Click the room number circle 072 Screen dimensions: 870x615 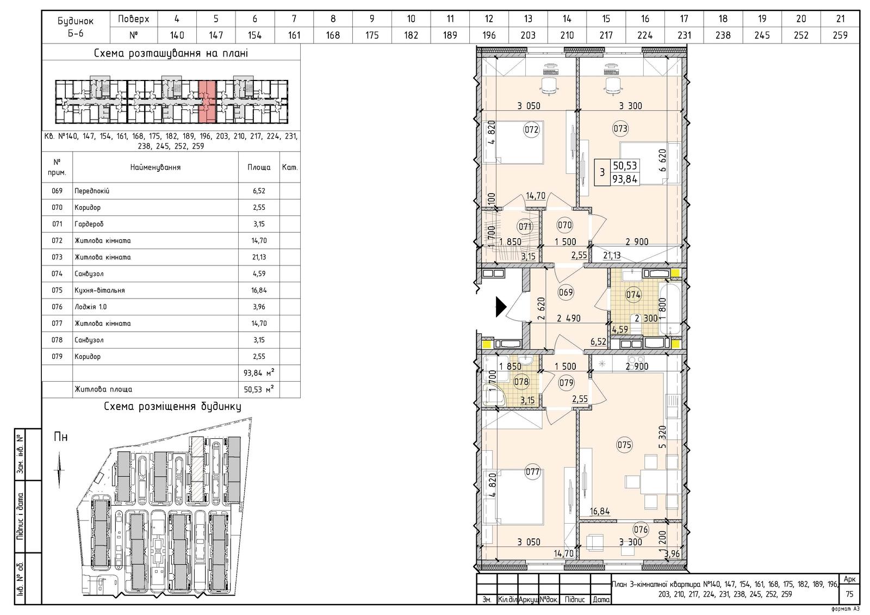click(531, 129)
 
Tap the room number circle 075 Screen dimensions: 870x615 click(625, 445)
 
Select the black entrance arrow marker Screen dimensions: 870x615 click(501, 307)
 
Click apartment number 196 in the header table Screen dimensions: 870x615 click(489, 35)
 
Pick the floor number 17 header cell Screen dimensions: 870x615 click(684, 18)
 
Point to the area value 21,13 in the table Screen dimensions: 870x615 click(259, 257)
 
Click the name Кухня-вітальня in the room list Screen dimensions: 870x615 click(100, 290)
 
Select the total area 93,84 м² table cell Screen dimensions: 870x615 click(259, 373)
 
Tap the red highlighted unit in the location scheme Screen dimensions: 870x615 click(207, 102)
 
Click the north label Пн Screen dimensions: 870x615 click(60, 437)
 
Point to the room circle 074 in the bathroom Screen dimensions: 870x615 click(633, 295)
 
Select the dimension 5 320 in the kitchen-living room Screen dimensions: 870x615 click(663, 437)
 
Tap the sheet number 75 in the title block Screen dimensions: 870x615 click(849, 594)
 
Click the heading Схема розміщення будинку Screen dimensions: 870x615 click(172, 407)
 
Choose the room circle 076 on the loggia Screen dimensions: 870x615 click(641, 530)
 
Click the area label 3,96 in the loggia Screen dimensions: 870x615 click(672, 554)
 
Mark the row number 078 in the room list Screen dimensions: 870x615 click(57, 340)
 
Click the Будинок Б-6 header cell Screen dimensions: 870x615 click(76, 27)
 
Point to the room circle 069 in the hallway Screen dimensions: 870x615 click(565, 292)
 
